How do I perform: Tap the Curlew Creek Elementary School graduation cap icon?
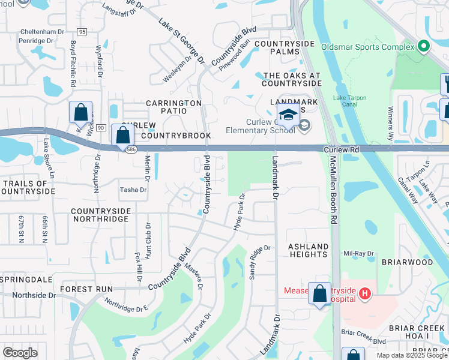coord(288,115)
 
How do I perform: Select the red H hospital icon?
coord(364,293)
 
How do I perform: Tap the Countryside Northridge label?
coord(100,215)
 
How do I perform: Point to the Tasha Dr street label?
coord(133,190)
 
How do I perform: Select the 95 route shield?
coord(82,31)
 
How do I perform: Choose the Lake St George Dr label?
coord(181,41)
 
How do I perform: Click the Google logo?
coord(20,352)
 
